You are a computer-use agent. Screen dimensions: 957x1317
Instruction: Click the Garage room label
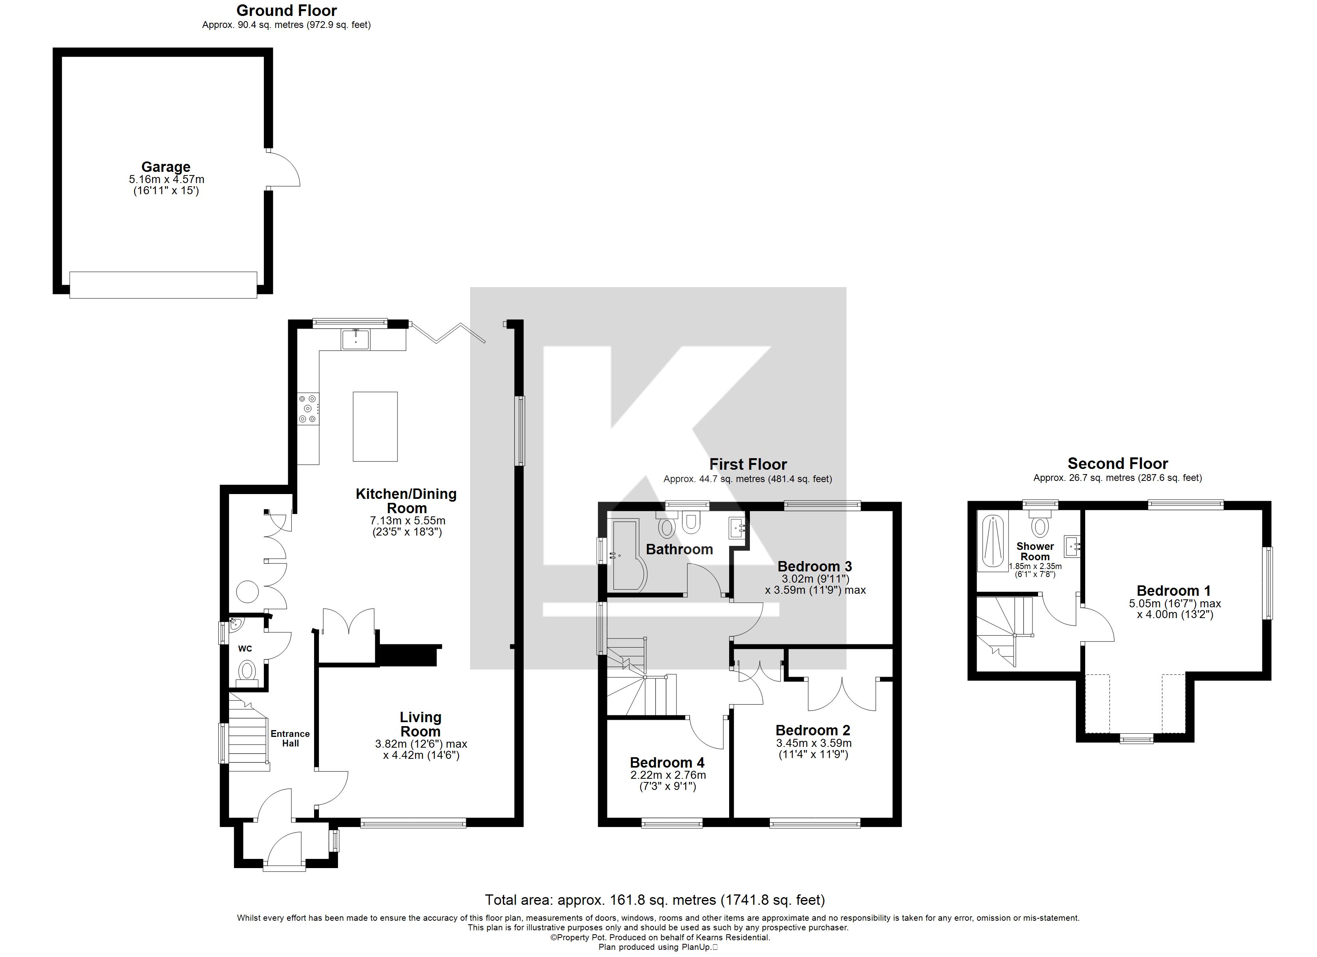click(x=166, y=167)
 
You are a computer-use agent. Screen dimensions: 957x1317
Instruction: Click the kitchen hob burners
click(x=308, y=409)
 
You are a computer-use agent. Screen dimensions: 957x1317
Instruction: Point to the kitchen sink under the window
click(x=355, y=339)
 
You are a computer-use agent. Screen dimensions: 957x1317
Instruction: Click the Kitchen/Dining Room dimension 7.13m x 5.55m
click(x=407, y=521)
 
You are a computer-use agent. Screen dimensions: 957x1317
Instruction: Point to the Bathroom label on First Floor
click(x=679, y=549)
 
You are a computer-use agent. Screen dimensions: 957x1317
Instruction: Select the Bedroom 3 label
click(x=815, y=566)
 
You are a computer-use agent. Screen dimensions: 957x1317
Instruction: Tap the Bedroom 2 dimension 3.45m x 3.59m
click(x=813, y=743)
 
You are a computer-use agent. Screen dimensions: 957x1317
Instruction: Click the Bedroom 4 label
click(x=667, y=762)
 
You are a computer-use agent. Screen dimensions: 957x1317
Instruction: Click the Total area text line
click(x=655, y=900)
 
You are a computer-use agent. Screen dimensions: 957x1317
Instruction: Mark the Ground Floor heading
click(x=286, y=10)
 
